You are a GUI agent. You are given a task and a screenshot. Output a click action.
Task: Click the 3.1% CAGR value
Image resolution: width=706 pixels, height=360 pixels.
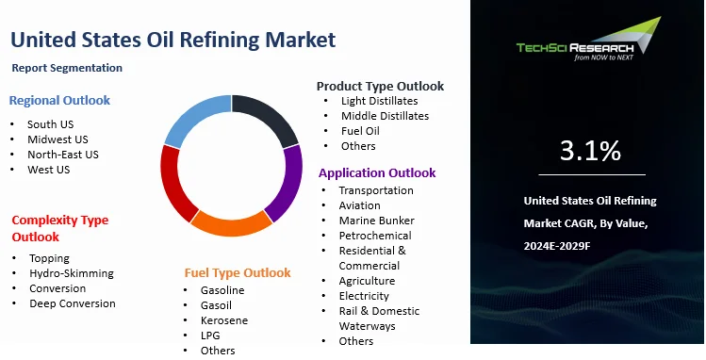click(590, 150)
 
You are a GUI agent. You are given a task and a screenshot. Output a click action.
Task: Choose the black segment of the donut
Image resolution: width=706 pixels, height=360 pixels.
click(268, 118)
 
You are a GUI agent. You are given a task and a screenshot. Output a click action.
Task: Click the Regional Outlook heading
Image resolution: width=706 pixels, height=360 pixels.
click(59, 100)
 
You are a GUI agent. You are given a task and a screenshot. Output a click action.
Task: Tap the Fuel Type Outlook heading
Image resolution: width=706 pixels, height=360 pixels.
click(238, 272)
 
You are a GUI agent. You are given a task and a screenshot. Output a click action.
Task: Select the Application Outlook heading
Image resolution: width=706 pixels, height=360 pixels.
click(377, 172)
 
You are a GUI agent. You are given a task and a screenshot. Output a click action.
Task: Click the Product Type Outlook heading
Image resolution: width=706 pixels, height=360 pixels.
click(380, 86)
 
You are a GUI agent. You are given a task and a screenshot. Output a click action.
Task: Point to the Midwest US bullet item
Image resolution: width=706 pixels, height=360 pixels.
click(57, 139)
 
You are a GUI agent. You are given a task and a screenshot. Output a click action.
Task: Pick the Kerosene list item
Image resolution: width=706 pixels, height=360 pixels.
click(223, 320)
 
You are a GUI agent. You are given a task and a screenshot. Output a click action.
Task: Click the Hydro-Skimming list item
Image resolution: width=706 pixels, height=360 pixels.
click(72, 273)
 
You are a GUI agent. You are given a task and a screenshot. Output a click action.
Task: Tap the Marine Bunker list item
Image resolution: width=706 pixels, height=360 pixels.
click(377, 221)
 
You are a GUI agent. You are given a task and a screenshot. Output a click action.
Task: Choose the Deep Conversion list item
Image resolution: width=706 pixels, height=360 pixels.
click(73, 303)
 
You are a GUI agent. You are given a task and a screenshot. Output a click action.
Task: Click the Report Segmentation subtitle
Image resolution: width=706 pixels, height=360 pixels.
click(68, 68)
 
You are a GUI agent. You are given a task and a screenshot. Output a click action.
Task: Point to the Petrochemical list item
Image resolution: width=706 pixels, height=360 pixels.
click(375, 236)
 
